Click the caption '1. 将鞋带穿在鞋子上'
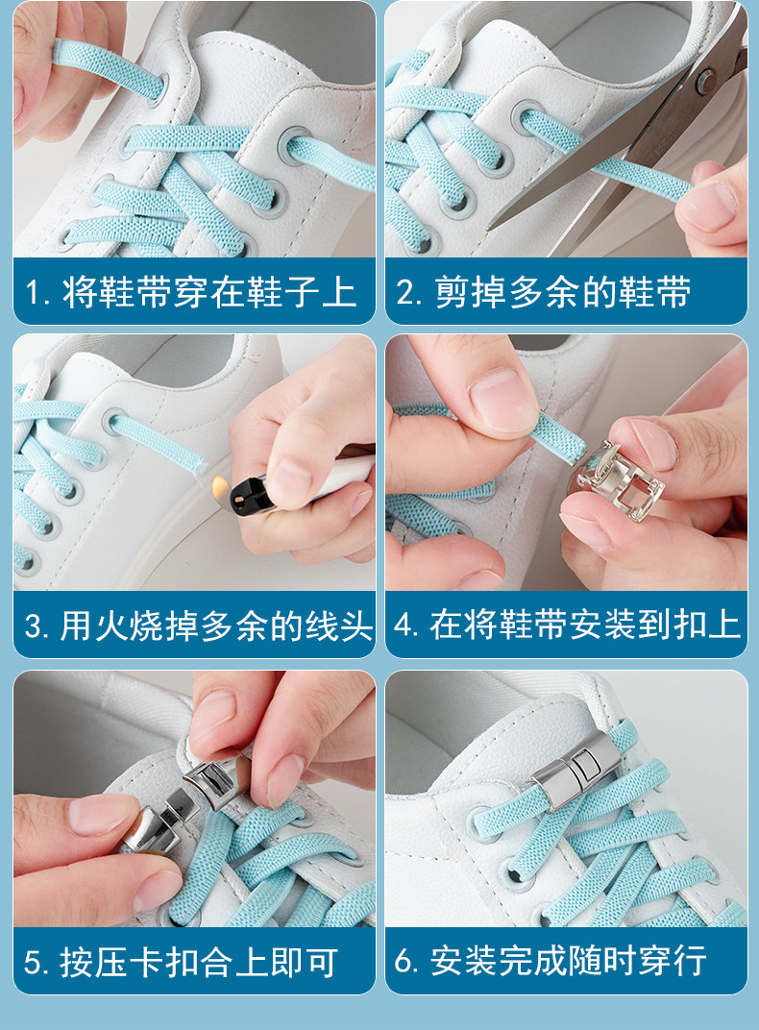pos(192,292)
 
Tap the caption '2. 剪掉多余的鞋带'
pos(545,292)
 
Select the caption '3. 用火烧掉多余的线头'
pos(198,626)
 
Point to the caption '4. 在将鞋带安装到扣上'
pos(567,626)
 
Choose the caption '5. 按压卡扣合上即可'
pos(182,961)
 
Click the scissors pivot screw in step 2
pos(706,81)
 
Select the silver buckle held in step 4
pos(624,480)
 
